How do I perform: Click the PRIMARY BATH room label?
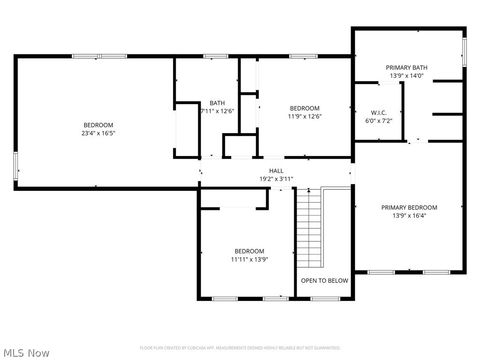point(406,67)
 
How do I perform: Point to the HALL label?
point(275,171)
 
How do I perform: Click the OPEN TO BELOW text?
point(325,280)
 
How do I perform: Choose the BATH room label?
point(217,103)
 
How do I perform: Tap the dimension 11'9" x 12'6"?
point(304,116)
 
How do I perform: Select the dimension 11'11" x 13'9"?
point(249,259)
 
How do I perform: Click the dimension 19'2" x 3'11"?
point(275,179)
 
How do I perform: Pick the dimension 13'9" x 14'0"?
point(406,75)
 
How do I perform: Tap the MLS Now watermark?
point(27,352)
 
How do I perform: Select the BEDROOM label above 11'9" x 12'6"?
point(304,108)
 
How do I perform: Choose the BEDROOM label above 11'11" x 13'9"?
point(249,251)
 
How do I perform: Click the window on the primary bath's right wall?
point(464,51)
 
